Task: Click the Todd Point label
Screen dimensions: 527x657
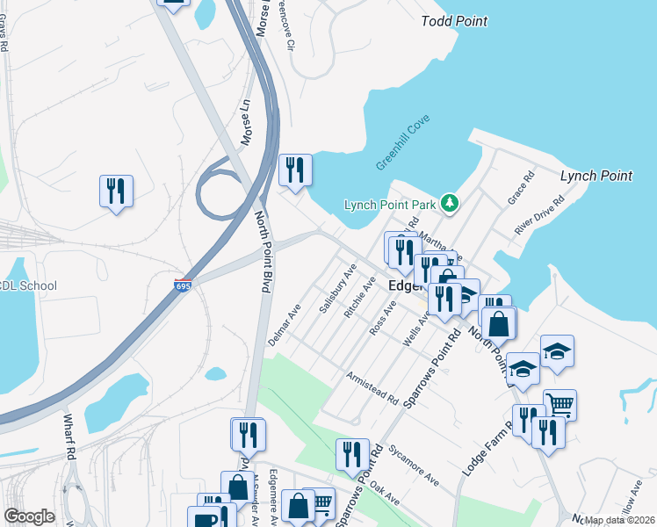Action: point(454,21)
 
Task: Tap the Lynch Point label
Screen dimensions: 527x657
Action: point(596,176)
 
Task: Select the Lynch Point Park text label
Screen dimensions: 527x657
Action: point(390,205)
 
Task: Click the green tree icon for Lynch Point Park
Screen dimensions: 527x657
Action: point(450,204)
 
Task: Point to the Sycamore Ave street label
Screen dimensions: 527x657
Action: point(414,464)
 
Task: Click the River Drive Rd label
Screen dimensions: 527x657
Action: point(539,215)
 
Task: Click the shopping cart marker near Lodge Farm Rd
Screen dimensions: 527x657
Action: point(560,405)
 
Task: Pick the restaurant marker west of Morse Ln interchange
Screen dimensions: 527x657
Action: point(116,191)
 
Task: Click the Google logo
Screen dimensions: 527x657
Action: point(29,516)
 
